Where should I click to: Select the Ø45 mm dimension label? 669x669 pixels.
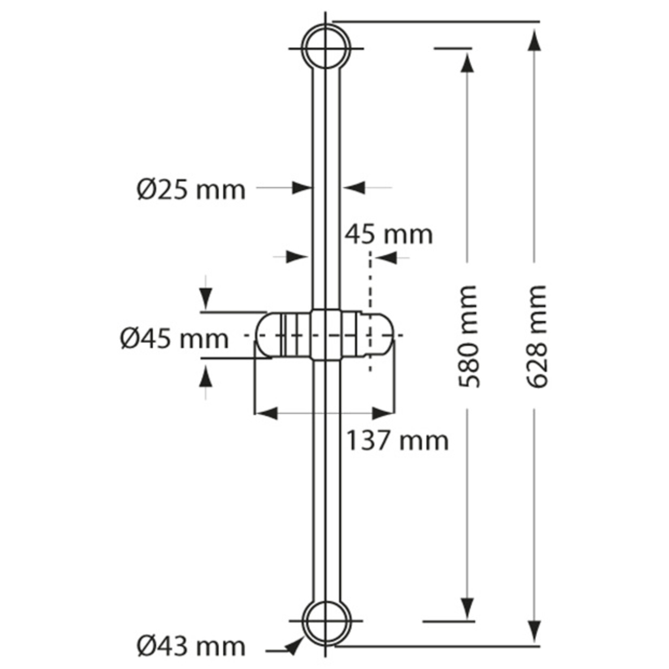pos(175,338)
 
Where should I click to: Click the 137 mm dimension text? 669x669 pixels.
pos(397,441)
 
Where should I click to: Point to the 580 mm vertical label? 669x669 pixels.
pos(469,336)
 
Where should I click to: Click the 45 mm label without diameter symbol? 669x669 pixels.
pos(389,234)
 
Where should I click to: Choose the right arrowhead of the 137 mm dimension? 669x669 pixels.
pos(383,413)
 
